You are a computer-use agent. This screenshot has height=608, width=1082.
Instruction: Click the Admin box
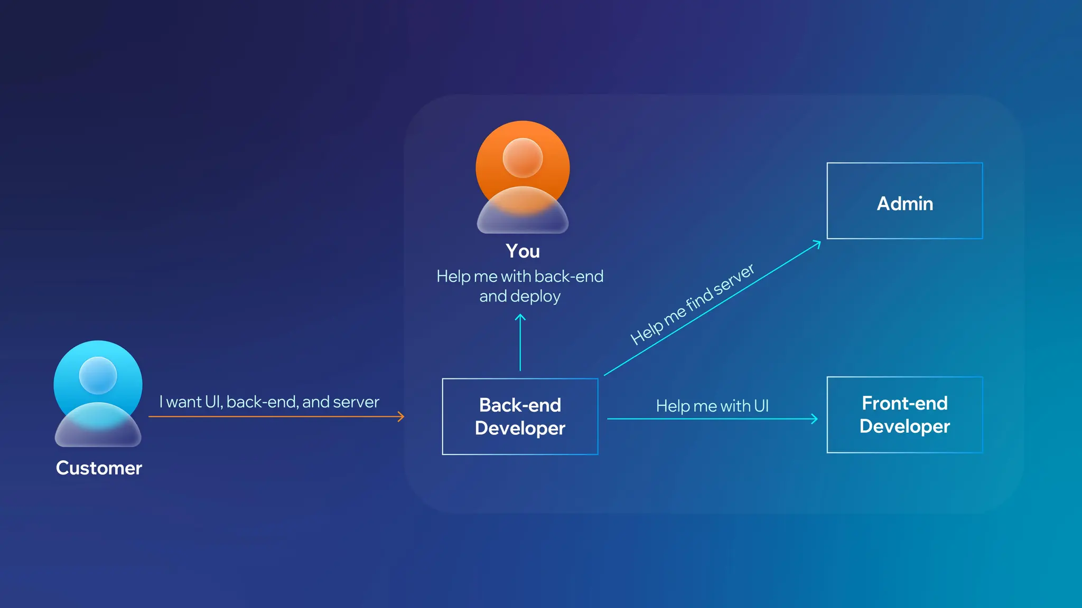pyautogui.click(x=904, y=201)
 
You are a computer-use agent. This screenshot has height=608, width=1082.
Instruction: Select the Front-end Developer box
pyautogui.click(x=904, y=415)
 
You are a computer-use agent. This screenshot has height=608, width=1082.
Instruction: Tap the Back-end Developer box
pyautogui.click(x=520, y=416)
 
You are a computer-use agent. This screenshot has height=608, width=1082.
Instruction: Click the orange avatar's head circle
pyautogui.click(x=523, y=158)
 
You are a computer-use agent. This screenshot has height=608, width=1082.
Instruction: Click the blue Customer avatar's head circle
pyautogui.click(x=98, y=375)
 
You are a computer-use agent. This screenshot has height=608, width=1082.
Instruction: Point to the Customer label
pyautogui.click(x=99, y=468)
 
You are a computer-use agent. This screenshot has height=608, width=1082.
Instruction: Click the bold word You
pyautogui.click(x=523, y=251)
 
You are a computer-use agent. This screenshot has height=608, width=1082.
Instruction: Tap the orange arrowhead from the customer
pyautogui.click(x=402, y=417)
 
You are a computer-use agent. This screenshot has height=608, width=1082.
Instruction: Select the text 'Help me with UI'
pyautogui.click(x=712, y=406)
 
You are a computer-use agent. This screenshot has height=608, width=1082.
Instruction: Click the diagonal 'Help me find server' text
pyautogui.click(x=692, y=305)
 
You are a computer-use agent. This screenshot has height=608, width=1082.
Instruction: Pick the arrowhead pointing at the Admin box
pyautogui.click(x=818, y=243)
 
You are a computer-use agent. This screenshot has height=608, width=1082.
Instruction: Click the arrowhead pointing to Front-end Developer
pyautogui.click(x=815, y=419)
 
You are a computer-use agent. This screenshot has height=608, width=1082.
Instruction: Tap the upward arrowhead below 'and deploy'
pyautogui.click(x=520, y=317)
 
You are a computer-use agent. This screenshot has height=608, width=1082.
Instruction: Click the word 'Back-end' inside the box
pyautogui.click(x=520, y=405)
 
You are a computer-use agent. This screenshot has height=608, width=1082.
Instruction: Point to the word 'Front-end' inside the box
pyautogui.click(x=904, y=403)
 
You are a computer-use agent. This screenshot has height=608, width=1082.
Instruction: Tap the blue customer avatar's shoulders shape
pyautogui.click(x=98, y=426)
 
